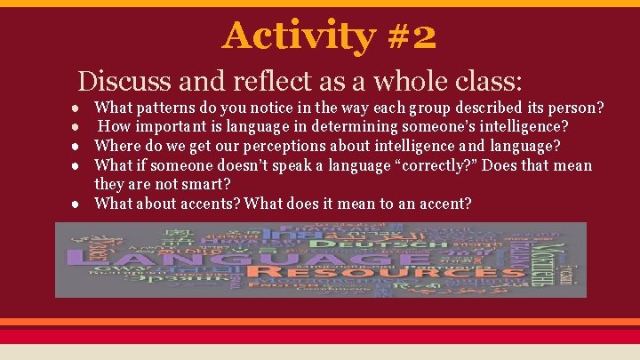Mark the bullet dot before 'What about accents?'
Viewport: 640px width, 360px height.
[81, 204]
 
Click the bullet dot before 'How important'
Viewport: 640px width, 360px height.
[81, 127]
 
